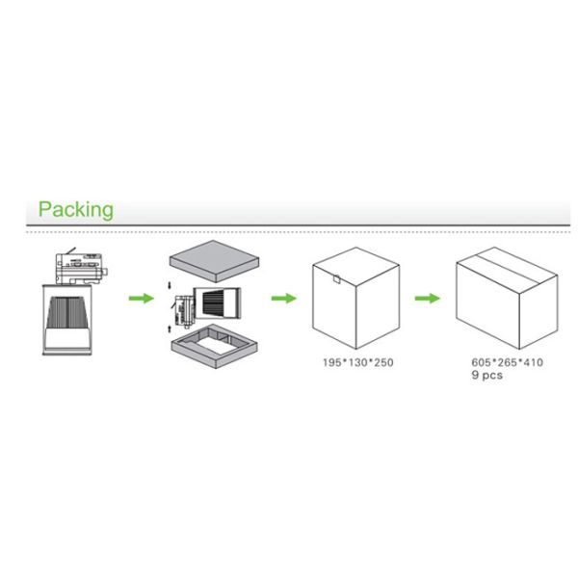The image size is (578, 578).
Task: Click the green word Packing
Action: coord(75,209)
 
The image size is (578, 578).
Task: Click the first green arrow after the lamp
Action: coord(142,298)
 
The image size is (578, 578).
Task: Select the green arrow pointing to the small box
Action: coord(282,298)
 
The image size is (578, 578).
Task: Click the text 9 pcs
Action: coord(486,376)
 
